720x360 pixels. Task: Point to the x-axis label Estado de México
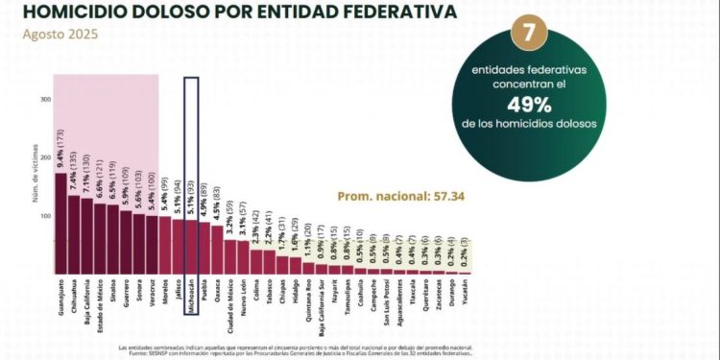coord(99,305)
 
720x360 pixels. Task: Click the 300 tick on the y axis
coord(45,99)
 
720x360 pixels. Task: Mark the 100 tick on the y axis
coord(45,215)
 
